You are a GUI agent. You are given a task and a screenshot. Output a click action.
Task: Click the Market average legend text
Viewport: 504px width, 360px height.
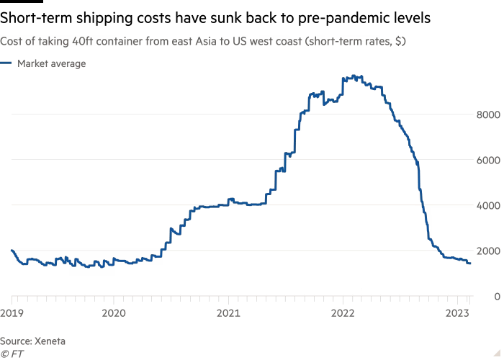(x=52, y=64)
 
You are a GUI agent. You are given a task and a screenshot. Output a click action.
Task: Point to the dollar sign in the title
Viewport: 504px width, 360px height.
(x=398, y=42)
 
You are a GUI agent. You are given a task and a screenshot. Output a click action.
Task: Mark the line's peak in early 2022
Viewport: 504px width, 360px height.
(x=353, y=75)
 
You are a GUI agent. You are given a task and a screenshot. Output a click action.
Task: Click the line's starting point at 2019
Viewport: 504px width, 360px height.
(x=12, y=250)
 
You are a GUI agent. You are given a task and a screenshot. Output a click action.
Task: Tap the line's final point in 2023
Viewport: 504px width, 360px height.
(x=471, y=264)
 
